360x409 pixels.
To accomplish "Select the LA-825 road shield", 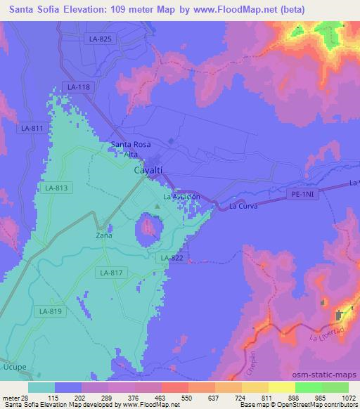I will coord(100,39).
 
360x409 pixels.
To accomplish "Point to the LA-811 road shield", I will coord(32,128).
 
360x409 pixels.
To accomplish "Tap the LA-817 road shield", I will coord(111,273).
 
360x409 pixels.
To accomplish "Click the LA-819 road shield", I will coord(51,311).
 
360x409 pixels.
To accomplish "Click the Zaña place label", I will coord(104,237).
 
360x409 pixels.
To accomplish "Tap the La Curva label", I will coord(243,207).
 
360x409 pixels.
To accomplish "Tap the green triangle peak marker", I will coord(157,207).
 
